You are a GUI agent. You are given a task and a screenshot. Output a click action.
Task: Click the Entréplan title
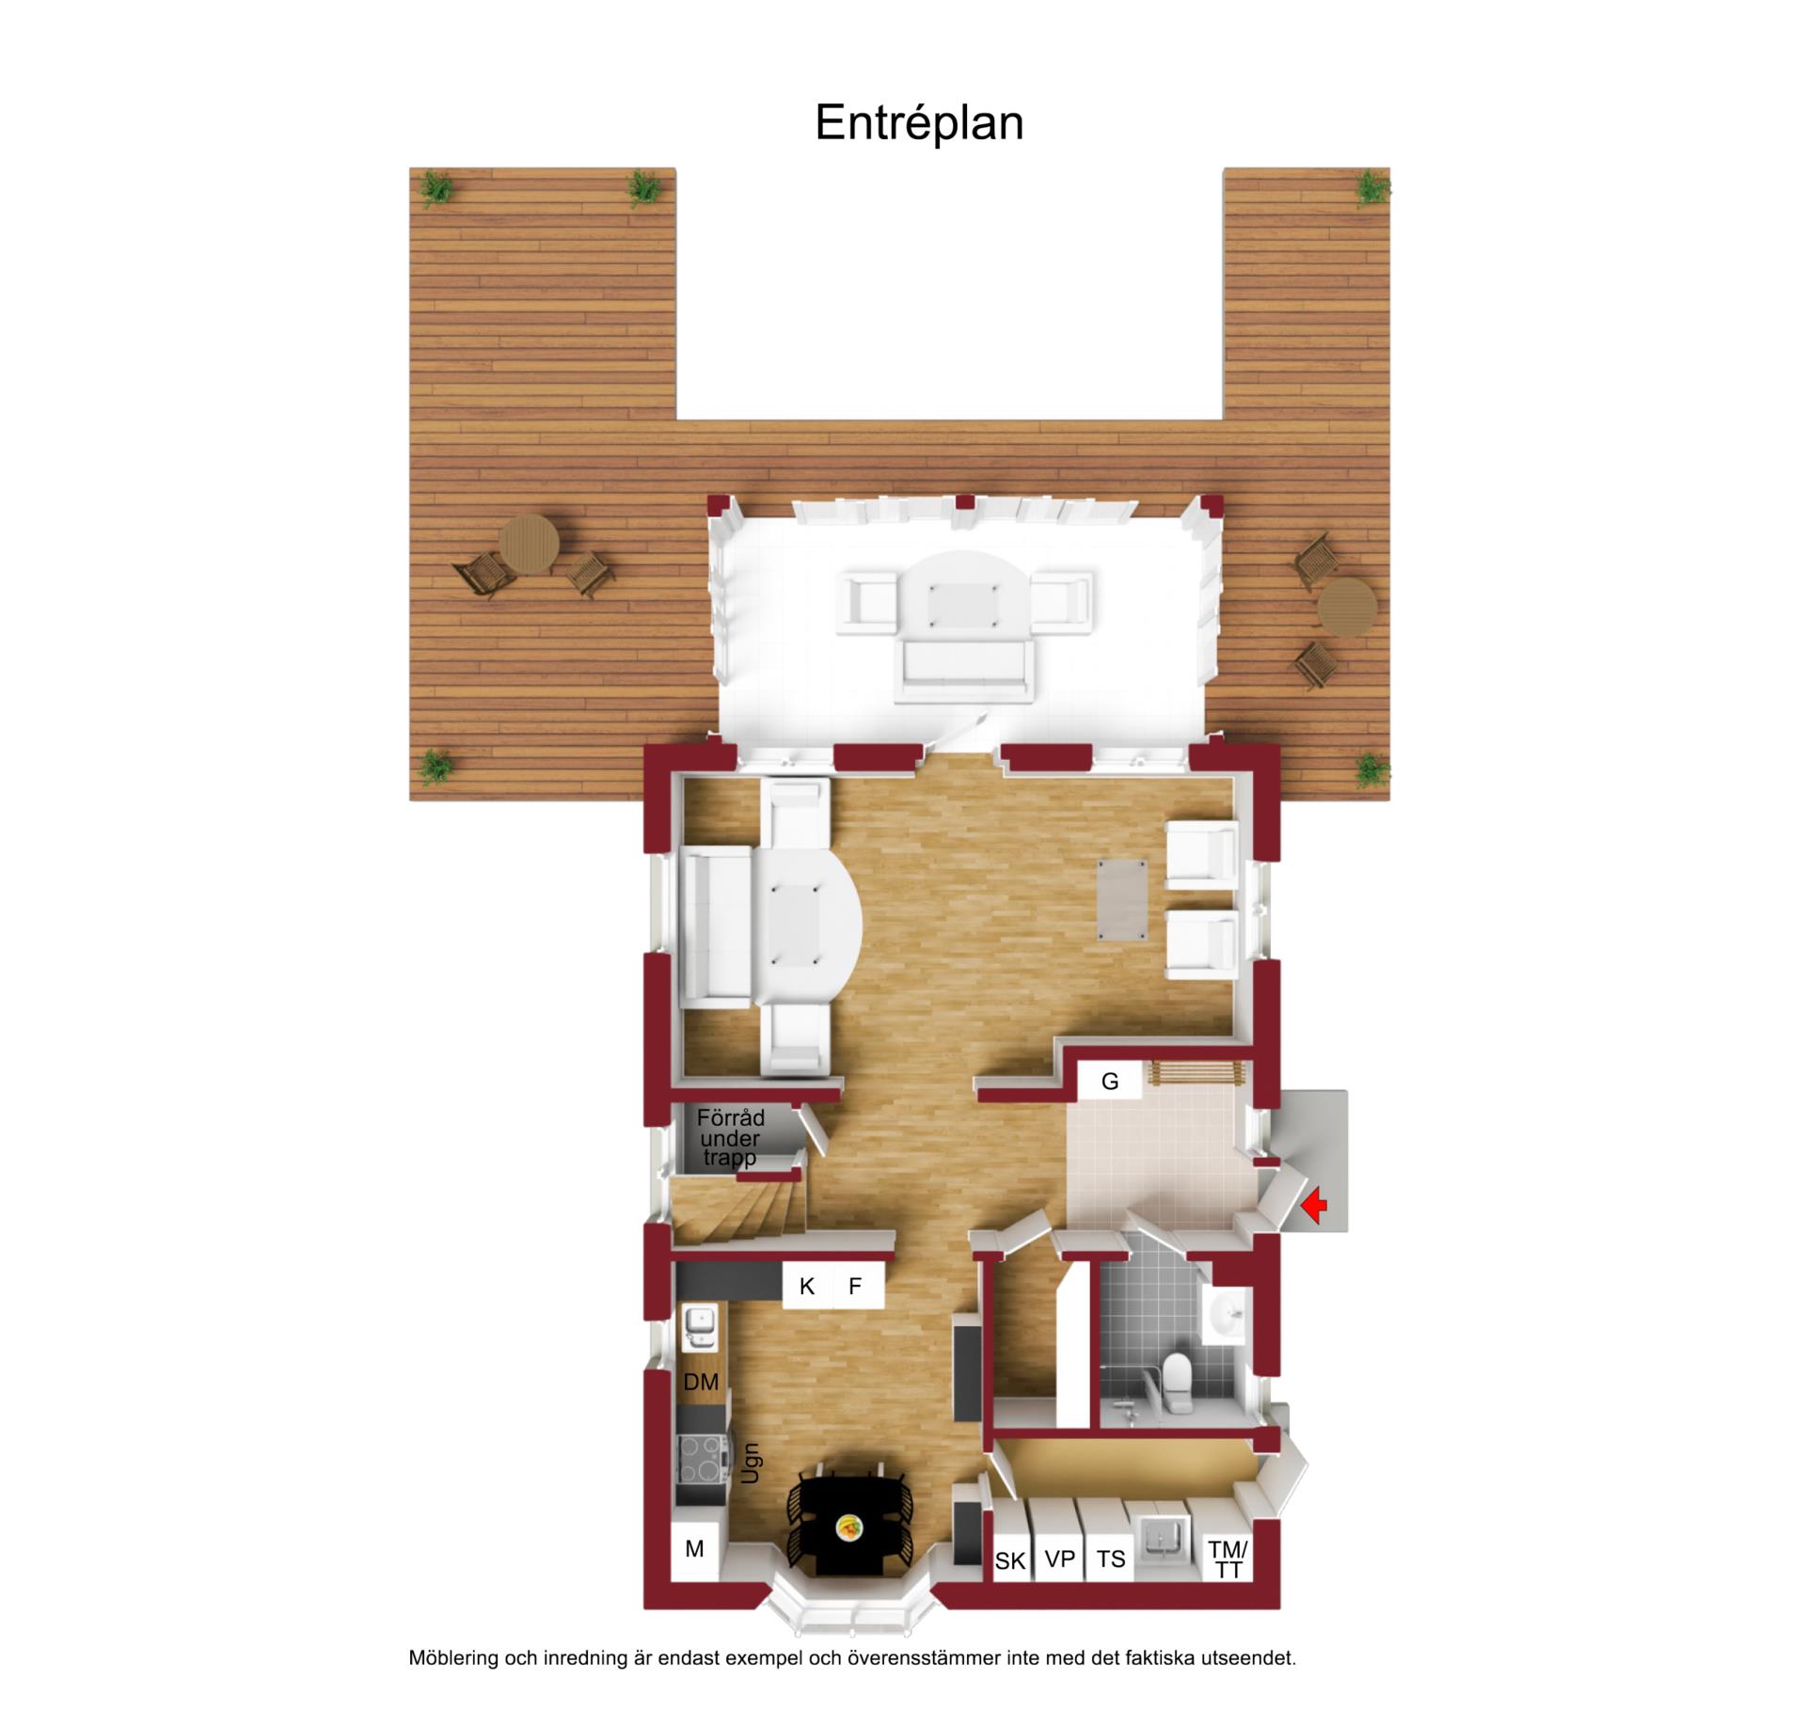pos(919,123)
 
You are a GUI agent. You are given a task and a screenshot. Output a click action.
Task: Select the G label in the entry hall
pos(1110,1082)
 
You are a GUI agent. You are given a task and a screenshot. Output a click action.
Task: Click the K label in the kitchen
pos(806,1287)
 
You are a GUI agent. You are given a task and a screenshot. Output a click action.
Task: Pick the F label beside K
pos(855,1287)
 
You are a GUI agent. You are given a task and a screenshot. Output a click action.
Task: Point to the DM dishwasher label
pos(701,1382)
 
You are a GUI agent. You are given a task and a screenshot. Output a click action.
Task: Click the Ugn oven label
pos(751,1464)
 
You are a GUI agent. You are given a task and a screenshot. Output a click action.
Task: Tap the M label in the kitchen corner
pos(694,1548)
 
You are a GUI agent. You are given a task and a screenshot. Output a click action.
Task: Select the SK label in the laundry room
pos(1009,1561)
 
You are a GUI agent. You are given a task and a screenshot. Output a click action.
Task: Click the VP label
pos(1059,1559)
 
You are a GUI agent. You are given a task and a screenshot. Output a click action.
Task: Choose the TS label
pos(1111,1559)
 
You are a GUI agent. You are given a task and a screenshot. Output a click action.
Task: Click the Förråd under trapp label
pos(730,1138)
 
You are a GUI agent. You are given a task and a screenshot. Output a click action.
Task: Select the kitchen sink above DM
pos(700,1326)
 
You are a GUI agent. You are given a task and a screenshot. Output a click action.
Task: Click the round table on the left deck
pos(529,544)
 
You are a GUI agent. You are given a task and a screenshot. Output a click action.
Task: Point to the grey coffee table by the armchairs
pos(1121,900)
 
